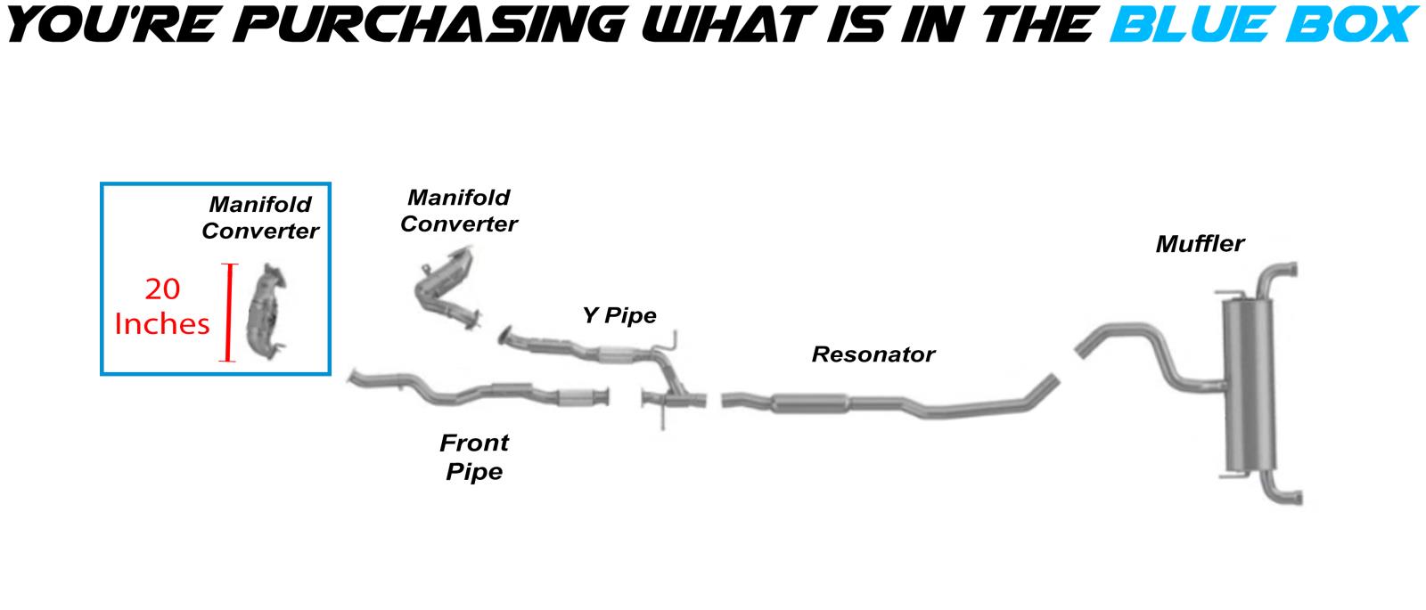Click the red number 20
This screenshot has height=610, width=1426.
(x=162, y=289)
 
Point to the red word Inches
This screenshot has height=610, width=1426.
(x=162, y=323)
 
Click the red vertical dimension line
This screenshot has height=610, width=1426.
(x=230, y=313)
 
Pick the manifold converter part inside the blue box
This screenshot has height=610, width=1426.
(x=268, y=312)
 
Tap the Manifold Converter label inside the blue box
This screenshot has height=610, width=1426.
(x=259, y=217)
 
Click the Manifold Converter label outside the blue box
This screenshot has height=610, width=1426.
(x=458, y=210)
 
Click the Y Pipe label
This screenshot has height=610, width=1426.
(x=619, y=315)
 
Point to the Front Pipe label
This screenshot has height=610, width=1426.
(x=474, y=457)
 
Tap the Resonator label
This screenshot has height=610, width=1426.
(x=873, y=354)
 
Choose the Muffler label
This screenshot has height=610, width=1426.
(x=1200, y=244)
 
